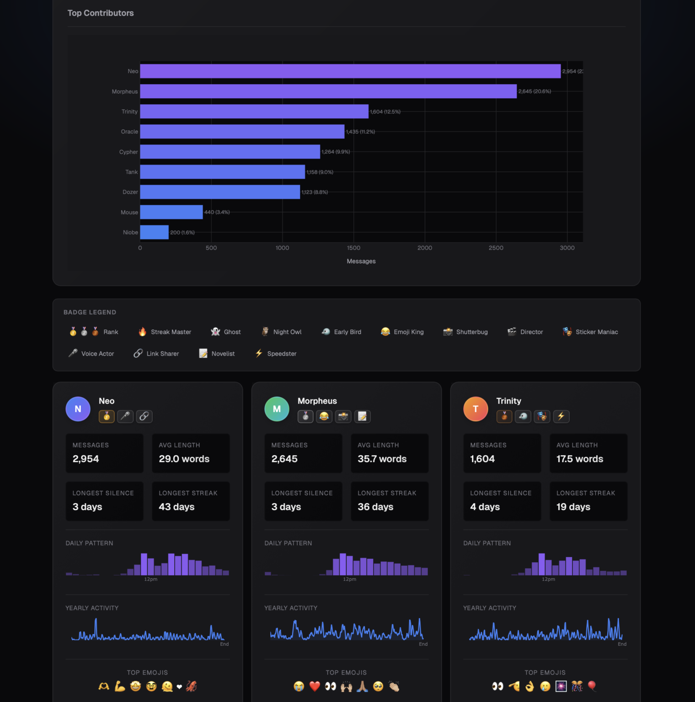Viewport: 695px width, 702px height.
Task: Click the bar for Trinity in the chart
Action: click(254, 112)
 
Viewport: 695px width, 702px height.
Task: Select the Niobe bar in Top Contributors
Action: click(154, 232)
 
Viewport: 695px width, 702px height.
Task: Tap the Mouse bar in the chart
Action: click(171, 212)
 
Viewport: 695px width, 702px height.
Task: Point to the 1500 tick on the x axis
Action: click(353, 248)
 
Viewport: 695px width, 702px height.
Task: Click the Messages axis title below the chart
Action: click(361, 261)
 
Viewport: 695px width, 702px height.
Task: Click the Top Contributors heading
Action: click(101, 13)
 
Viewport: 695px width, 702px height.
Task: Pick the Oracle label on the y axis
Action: click(129, 132)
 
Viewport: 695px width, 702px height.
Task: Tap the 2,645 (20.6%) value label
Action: click(534, 91)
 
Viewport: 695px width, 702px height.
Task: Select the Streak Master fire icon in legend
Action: click(143, 332)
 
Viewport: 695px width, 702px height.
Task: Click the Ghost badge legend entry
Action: click(226, 332)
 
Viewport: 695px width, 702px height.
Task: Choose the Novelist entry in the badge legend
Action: click(217, 354)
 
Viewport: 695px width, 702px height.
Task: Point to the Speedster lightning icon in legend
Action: click(259, 353)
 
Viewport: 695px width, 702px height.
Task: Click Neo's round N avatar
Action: click(78, 409)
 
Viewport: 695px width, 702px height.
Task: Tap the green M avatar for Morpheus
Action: click(277, 409)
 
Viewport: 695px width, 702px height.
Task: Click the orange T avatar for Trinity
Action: click(476, 409)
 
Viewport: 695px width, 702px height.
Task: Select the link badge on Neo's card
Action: click(144, 416)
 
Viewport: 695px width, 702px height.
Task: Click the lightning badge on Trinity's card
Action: click(561, 416)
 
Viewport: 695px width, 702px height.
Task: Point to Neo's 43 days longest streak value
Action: click(176, 507)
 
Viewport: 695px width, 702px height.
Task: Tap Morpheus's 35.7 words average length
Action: click(382, 459)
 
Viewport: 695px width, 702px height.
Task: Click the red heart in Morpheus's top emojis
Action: click(315, 686)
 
